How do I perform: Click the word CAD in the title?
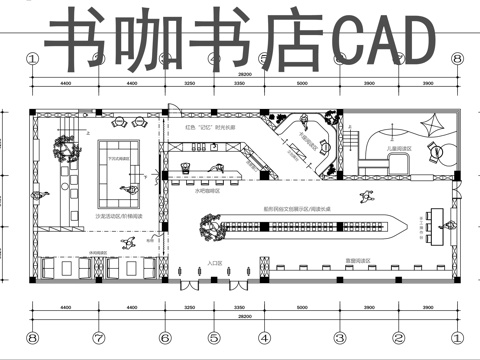(x=383, y=41)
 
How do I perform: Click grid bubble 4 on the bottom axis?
(x=263, y=337)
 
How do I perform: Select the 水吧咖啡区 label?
(x=208, y=190)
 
